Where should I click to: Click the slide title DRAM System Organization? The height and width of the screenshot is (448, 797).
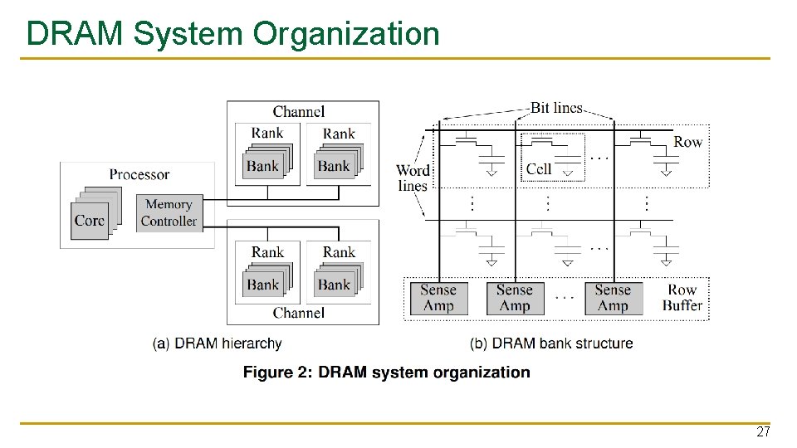pos(232,34)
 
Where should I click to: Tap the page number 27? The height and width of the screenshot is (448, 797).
pos(762,432)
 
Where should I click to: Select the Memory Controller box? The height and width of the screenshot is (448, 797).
pos(169,212)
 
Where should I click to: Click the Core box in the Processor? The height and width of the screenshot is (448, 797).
pos(90,220)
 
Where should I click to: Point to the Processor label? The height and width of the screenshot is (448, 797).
pos(139,174)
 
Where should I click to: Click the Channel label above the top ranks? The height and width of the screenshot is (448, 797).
pos(298,111)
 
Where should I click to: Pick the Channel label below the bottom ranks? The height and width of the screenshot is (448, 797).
pos(298,313)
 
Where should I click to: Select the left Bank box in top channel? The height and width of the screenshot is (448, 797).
pos(262,166)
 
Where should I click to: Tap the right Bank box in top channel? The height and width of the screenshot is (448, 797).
pos(334,166)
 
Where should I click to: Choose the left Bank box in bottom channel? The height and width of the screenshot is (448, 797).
pos(262,285)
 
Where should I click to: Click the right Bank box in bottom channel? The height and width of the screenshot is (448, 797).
pos(334,285)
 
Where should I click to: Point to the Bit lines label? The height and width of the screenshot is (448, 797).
pos(556,108)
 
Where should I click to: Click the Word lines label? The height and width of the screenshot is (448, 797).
pos(413,178)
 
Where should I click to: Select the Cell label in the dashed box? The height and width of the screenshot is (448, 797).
pos(539,168)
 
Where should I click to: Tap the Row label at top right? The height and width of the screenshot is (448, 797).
pos(687,142)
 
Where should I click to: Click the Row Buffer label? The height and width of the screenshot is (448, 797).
pos(682,298)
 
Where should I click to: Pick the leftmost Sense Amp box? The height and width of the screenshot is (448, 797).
pos(438,298)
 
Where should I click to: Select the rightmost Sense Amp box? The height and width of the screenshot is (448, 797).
pos(613,298)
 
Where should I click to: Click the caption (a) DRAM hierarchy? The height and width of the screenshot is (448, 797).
pos(218,343)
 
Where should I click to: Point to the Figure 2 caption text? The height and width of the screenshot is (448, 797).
pos(386,373)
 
